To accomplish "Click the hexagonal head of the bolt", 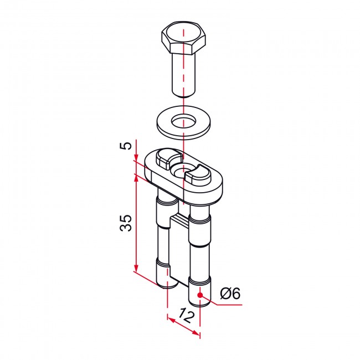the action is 183,38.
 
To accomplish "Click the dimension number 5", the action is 126,146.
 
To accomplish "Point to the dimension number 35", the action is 126,223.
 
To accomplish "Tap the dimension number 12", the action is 186,316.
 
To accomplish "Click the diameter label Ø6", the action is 230,293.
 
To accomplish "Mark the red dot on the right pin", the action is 200,295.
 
